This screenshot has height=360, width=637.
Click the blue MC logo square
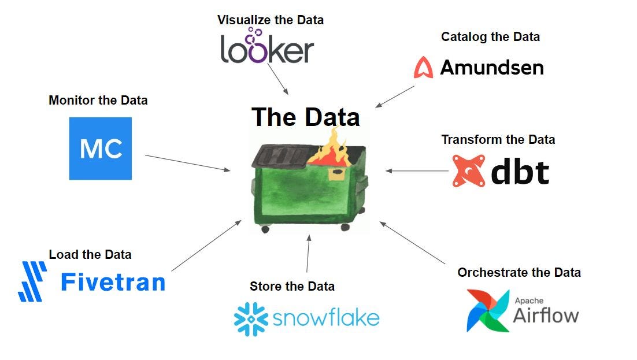[101, 149]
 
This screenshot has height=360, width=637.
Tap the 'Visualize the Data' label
[270, 20]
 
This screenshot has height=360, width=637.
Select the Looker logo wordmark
[267, 48]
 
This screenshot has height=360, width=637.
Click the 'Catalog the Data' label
[490, 37]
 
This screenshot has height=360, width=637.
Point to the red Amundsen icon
[423, 68]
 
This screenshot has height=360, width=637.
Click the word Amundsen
[492, 68]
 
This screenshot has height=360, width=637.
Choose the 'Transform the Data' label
[498, 140]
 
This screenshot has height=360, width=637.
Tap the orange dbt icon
[468, 170]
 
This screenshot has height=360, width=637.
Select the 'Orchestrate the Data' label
[519, 273]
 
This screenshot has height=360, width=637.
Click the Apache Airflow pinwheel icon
[488, 311]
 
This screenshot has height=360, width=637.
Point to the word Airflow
[546, 316]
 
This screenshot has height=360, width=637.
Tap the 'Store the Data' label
[292, 286]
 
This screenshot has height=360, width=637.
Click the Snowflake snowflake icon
[251, 318]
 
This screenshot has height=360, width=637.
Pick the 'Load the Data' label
[90, 254]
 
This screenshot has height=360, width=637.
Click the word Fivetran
[113, 282]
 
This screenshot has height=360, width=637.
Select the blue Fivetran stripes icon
[32, 281]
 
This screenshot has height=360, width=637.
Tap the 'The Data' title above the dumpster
[305, 117]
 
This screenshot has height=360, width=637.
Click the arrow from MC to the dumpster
[187, 163]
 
